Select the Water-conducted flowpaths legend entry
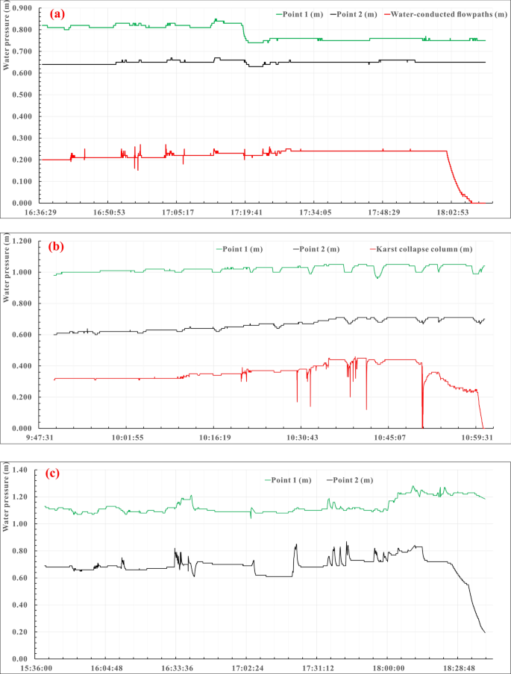pos(445,13)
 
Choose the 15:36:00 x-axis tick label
pos(45,669)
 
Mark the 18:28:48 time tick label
pos(460,669)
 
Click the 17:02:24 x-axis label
pos(253,669)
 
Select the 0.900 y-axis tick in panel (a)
pos(22,8)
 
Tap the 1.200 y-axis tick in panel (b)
pos(22,242)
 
